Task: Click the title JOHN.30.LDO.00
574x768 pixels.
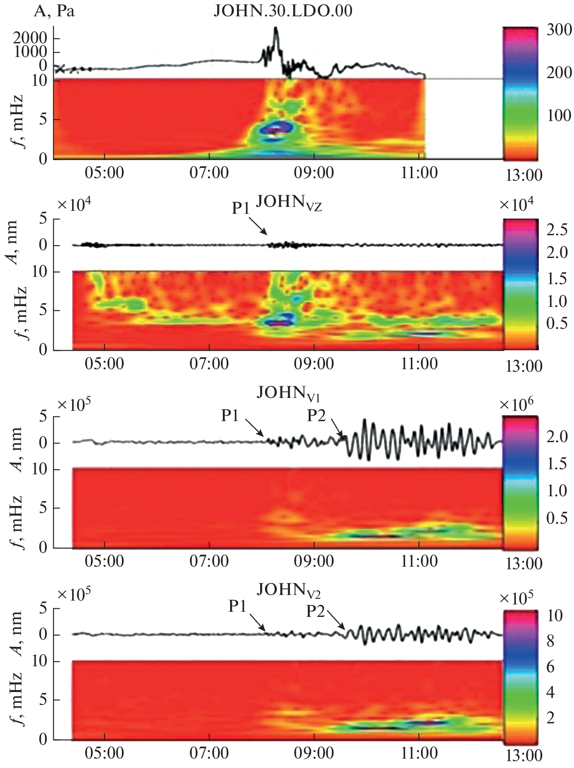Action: (283, 10)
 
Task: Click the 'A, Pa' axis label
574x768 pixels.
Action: (54, 10)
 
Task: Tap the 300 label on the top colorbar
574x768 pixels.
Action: (559, 30)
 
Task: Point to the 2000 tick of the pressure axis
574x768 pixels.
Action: (30, 38)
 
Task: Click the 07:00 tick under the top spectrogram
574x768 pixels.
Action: (209, 173)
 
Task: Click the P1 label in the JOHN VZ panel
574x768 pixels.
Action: (241, 208)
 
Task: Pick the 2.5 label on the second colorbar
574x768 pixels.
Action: (557, 230)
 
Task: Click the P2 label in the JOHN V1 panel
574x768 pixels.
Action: (316, 416)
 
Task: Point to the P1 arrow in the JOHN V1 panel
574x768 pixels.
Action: (255, 428)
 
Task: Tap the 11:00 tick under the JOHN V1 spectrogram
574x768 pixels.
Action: (419, 561)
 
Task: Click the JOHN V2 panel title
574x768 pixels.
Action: (289, 591)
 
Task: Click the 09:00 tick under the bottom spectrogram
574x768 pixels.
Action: (314, 753)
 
